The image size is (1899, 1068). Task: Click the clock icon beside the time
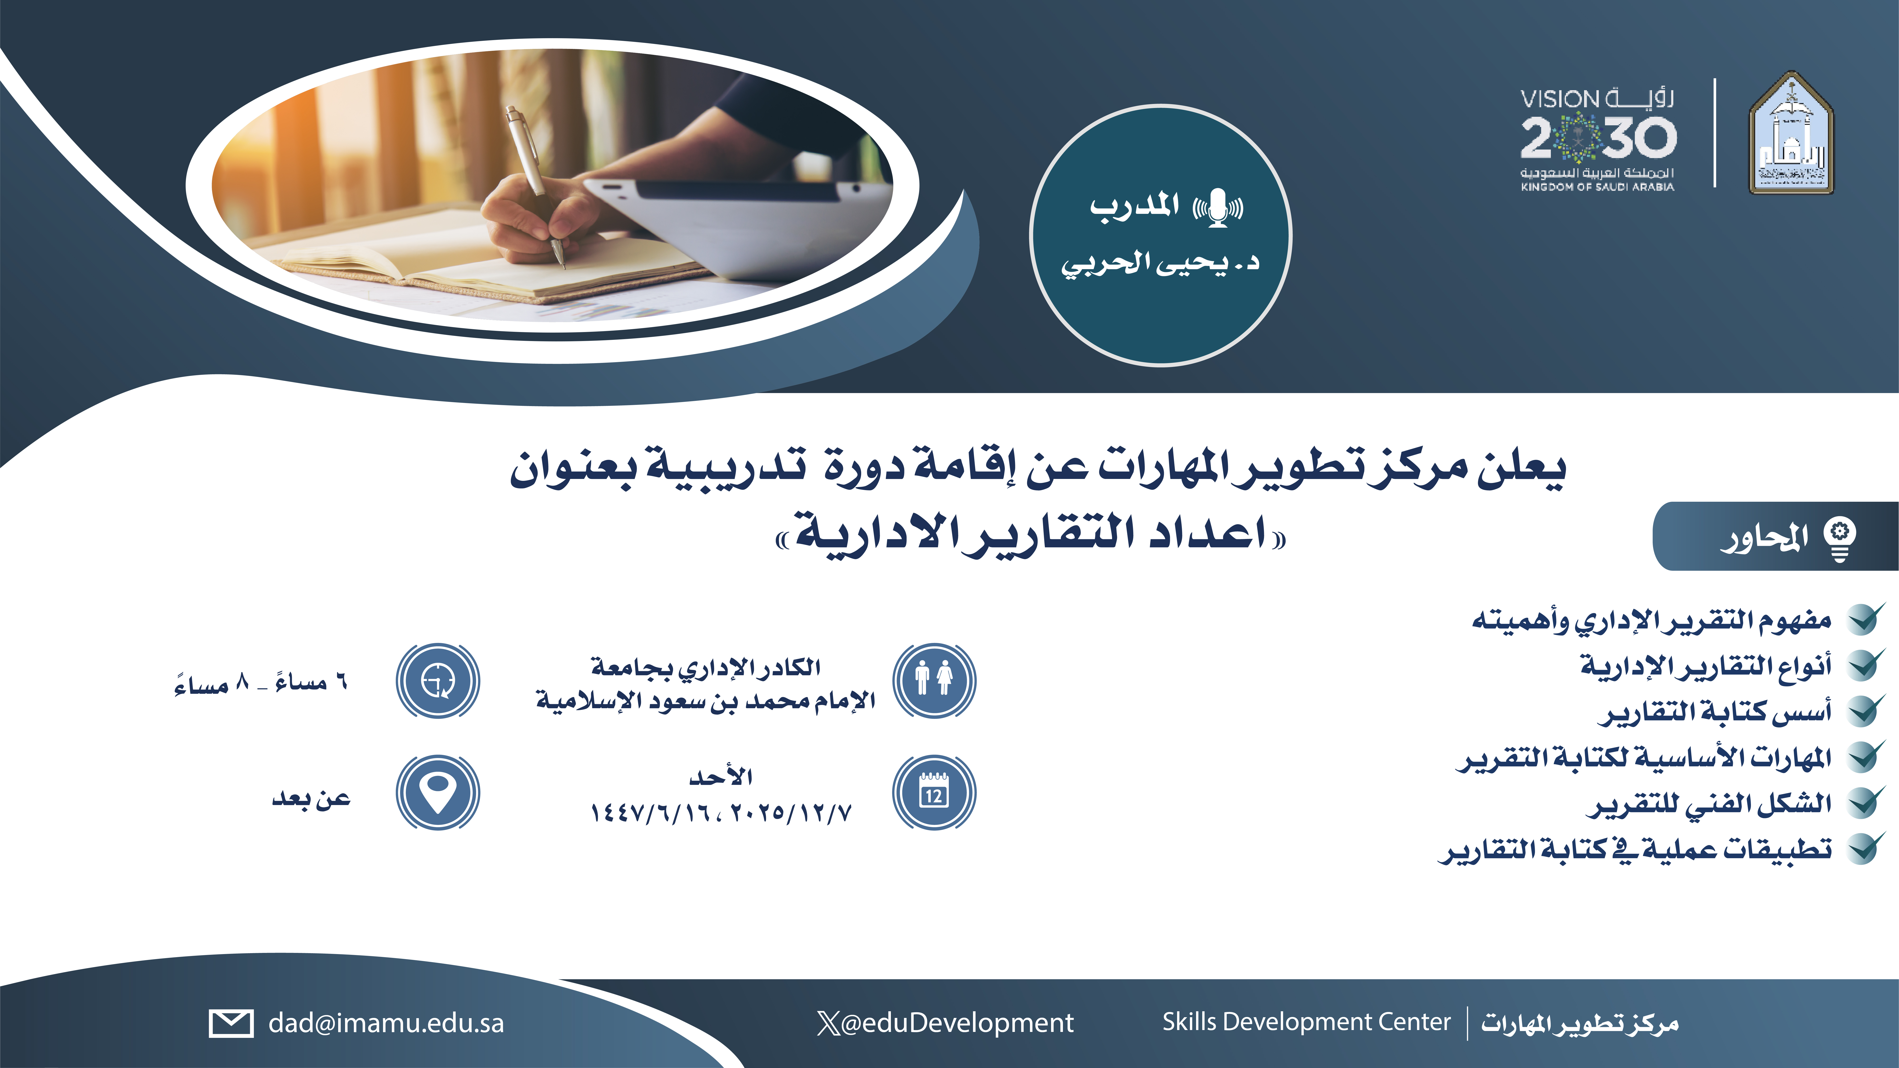click(438, 680)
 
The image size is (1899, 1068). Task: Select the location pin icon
click(438, 792)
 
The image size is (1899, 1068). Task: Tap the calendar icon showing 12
click(934, 792)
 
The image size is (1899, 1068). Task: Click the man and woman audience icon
click(934, 680)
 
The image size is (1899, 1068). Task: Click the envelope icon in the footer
click(231, 1023)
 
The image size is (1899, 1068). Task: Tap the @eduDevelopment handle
click(956, 1023)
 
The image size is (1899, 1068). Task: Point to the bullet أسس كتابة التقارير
click(1714, 711)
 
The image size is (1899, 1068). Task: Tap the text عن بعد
click(311, 797)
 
